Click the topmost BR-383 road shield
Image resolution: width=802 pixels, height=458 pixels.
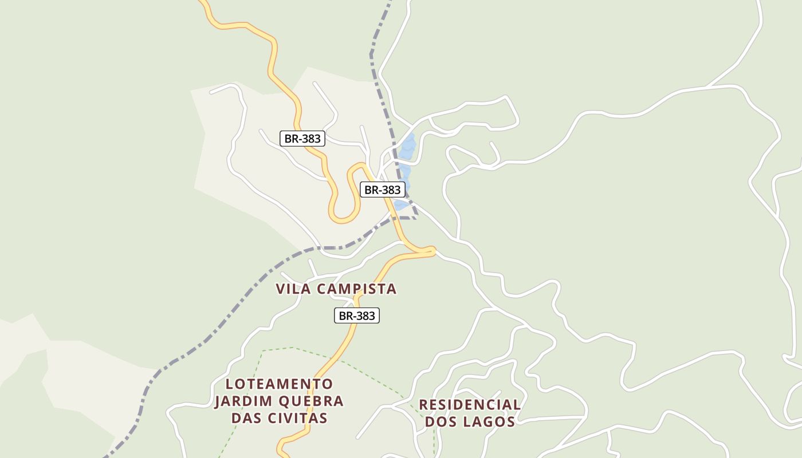tap(302, 139)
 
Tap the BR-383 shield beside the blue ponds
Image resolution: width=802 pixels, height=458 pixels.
tap(382, 189)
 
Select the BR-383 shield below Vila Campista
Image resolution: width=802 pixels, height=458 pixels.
tap(357, 315)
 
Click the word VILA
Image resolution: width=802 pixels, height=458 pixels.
tap(294, 289)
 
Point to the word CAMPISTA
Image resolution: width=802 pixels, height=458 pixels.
tap(356, 289)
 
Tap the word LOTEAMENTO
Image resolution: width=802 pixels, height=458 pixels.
tap(279, 384)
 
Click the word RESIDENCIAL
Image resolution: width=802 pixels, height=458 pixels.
tap(470, 405)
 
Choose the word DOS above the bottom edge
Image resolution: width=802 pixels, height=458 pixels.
tap(440, 423)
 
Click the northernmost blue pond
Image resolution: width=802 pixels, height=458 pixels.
tap(408, 145)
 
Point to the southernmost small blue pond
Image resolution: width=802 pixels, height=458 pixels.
tap(401, 205)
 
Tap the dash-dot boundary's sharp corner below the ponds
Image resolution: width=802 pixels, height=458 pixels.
tap(416, 218)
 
